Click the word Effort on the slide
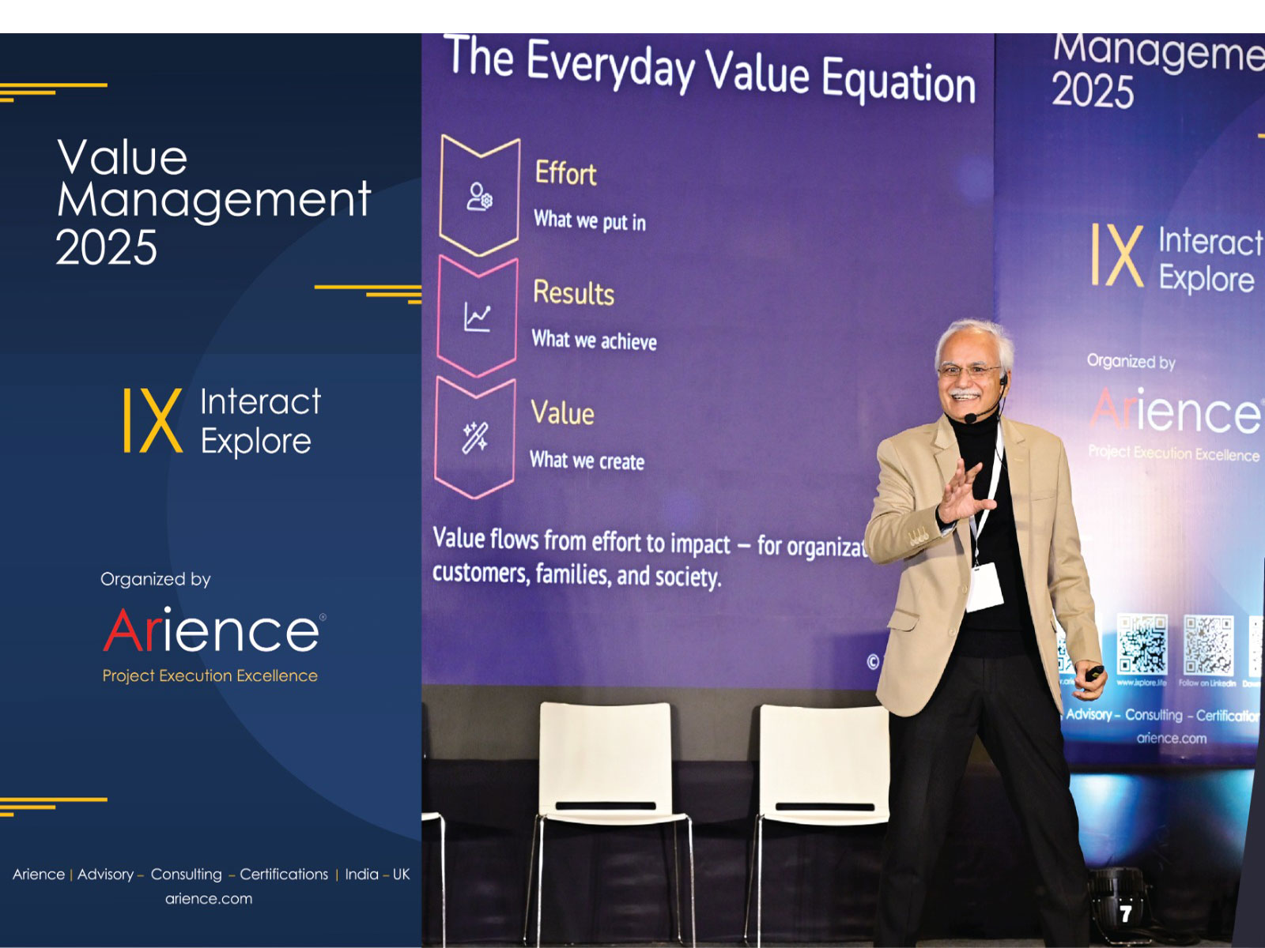click(565, 173)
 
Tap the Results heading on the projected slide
click(573, 293)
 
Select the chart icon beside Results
click(477, 318)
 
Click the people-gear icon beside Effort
click(479, 197)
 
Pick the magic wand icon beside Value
click(474, 437)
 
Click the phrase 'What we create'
click(587, 461)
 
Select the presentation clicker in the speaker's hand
click(1094, 673)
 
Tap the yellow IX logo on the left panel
click(153, 420)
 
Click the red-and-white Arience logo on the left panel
click(212, 631)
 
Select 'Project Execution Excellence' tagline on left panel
click(210, 676)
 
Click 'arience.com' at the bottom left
click(209, 899)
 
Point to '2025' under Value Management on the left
click(107, 248)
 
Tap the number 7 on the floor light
click(1125, 914)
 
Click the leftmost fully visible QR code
click(1142, 644)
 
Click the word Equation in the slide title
click(898, 81)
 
